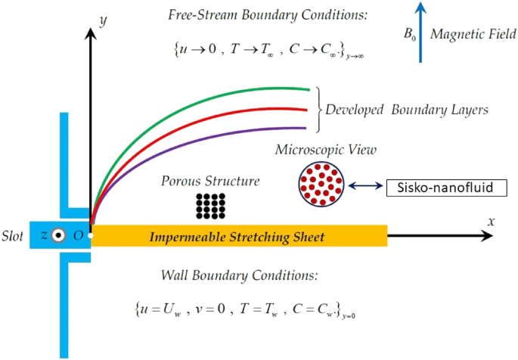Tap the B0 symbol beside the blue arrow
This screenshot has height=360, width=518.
point(409,34)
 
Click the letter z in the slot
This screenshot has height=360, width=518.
point(44,236)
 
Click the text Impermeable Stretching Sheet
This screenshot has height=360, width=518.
point(237,237)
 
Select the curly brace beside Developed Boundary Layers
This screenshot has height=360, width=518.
point(318,110)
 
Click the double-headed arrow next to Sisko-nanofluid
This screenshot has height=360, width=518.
point(365,186)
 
